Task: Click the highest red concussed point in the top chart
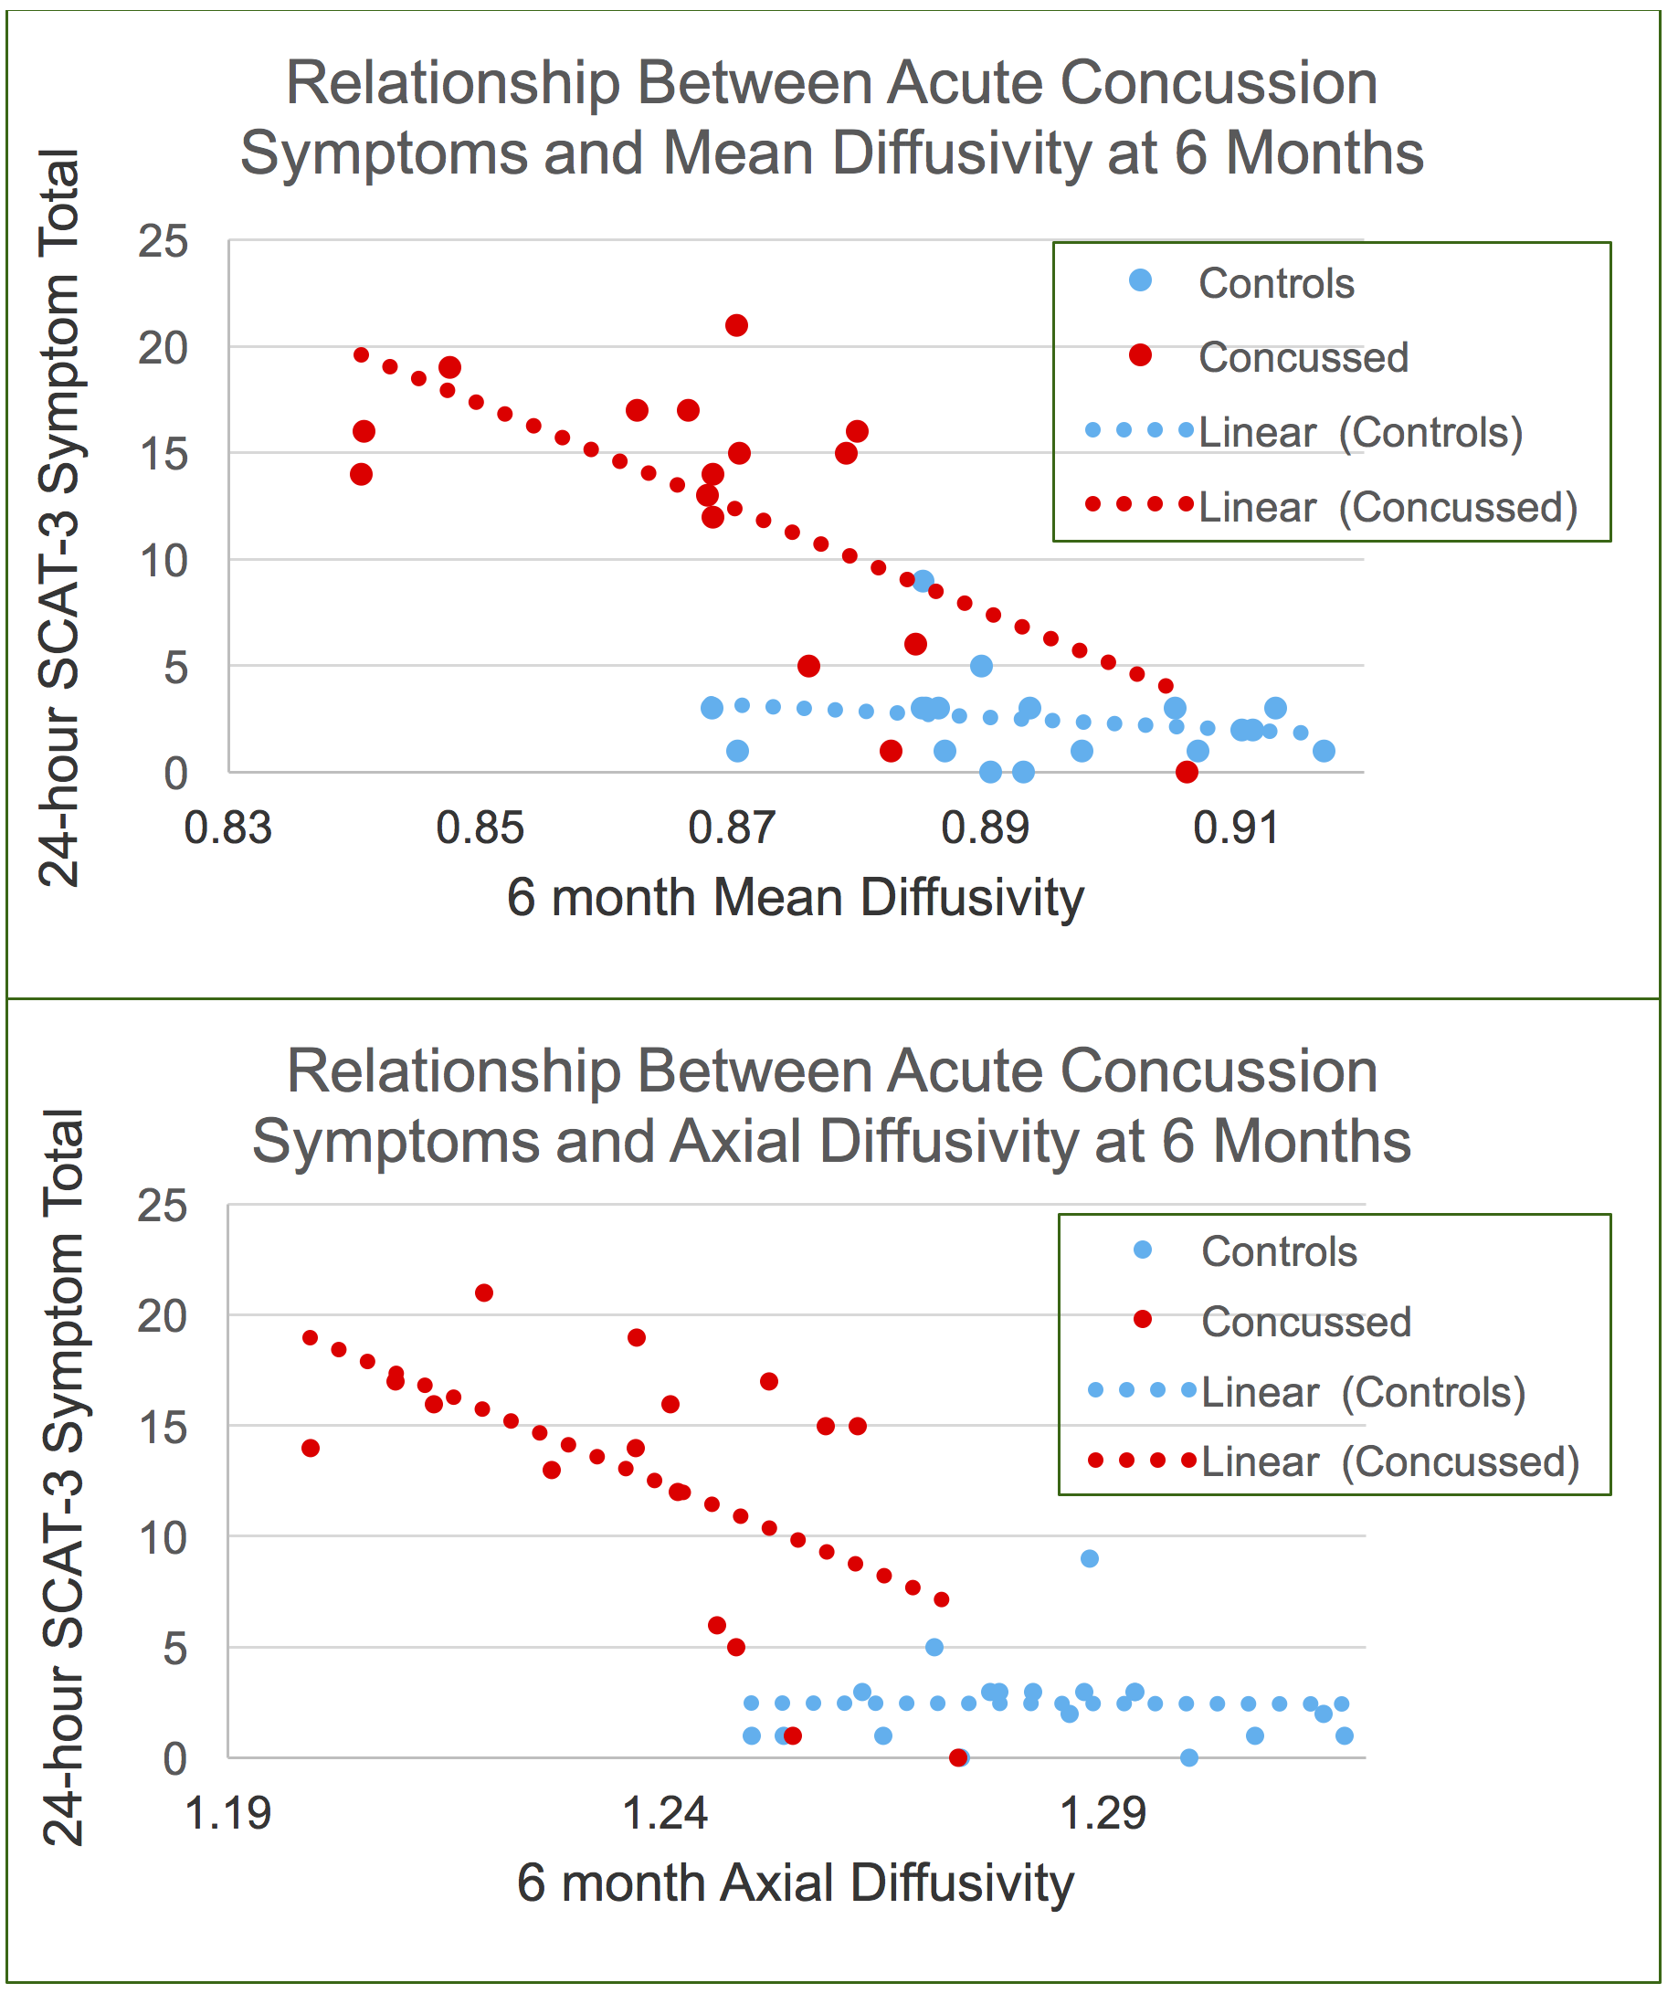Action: click(737, 326)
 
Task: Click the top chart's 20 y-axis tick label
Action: click(164, 349)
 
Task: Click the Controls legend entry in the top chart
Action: click(1276, 283)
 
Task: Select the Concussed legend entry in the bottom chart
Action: click(1305, 1323)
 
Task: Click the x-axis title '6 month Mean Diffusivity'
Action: click(795, 898)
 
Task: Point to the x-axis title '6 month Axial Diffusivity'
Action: click(795, 1883)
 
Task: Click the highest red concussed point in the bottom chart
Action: click(484, 1294)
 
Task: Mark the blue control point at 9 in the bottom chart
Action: click(1090, 1559)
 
